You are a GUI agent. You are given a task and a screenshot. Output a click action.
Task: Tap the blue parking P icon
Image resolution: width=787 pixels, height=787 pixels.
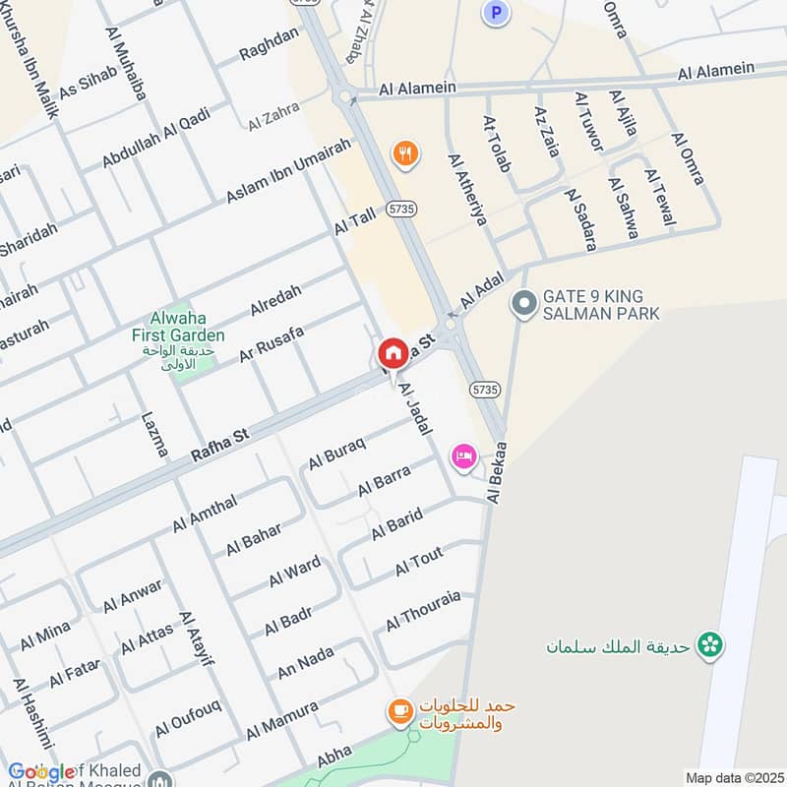point(496,13)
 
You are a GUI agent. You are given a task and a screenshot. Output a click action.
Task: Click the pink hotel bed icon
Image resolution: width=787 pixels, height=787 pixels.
point(464,455)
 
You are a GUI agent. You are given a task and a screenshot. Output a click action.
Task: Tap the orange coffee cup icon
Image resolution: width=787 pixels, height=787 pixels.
point(399,712)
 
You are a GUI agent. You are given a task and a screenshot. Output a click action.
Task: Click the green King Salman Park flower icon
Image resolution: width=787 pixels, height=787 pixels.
point(708,645)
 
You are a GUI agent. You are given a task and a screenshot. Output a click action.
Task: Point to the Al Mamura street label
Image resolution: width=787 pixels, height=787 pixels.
point(281,721)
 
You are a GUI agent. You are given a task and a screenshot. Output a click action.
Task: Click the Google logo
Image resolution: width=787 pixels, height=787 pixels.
point(41,772)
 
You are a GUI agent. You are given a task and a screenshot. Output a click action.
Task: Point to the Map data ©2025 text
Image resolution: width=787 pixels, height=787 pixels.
point(733,777)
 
